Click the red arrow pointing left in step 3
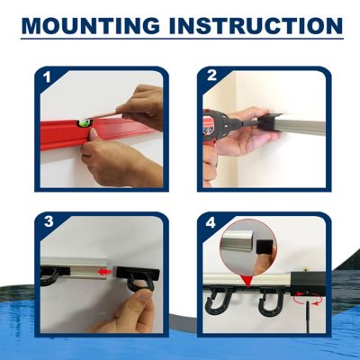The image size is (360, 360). [106, 269]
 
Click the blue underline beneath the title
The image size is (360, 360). [180, 39]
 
